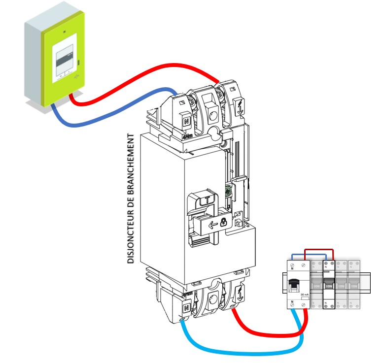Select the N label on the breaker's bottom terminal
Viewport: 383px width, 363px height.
tap(186, 308)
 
